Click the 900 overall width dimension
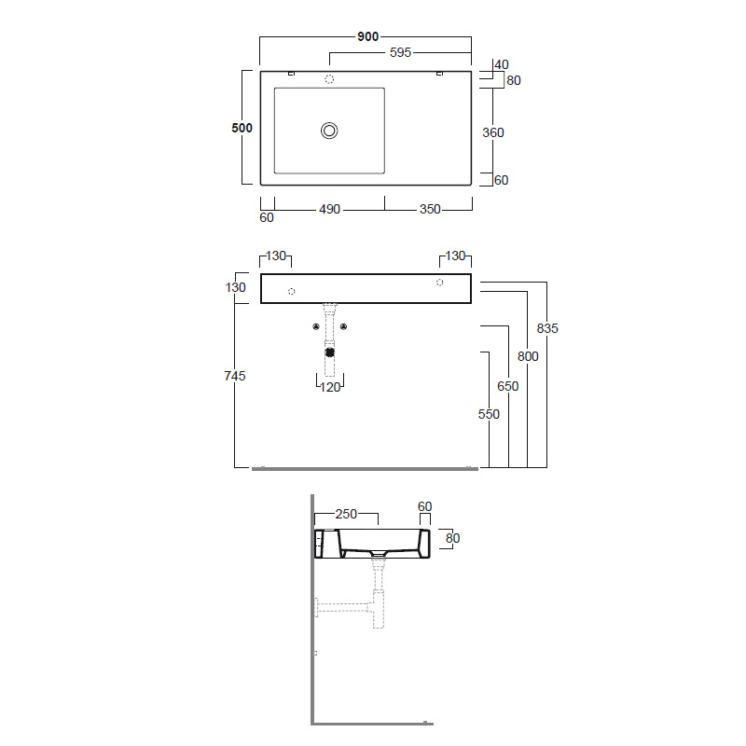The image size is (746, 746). tap(367, 36)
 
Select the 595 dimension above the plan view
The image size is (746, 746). tap(400, 53)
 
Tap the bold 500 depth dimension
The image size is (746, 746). tap(242, 128)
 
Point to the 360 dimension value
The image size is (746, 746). tap(492, 132)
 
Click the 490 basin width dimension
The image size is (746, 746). tap(330, 210)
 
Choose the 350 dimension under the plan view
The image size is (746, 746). tap(429, 210)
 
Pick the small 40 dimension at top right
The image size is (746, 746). tap(502, 64)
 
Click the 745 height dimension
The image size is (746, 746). tap(235, 376)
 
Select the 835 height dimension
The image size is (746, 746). tap(547, 328)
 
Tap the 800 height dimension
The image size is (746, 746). tap(528, 356)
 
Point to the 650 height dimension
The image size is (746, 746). tap(508, 386)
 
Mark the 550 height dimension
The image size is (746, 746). tap(489, 414)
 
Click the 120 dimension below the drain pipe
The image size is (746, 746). tap(330, 387)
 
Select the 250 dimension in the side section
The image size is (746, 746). tap(346, 514)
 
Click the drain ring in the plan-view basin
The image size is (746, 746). tap(329, 131)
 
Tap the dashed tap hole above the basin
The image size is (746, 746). tap(329, 80)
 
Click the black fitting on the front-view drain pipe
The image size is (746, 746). tap(329, 352)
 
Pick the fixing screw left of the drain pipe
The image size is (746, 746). tap(315, 326)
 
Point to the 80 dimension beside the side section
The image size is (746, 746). tap(453, 538)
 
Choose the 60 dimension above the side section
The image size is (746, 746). tap(425, 506)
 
